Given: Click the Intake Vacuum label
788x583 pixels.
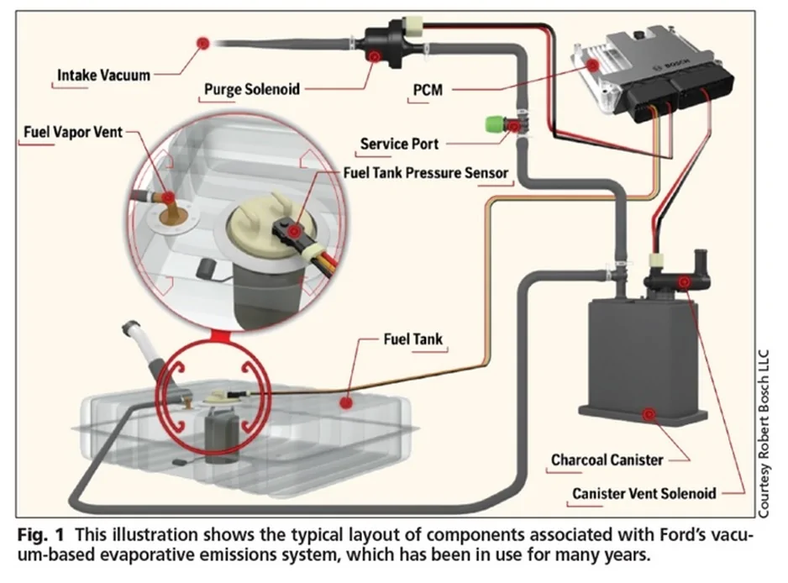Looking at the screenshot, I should [103, 76].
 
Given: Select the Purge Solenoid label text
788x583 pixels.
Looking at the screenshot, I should [252, 89].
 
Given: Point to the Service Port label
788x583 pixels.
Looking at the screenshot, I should [399, 144].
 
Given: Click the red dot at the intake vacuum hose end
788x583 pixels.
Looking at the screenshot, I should [202, 42].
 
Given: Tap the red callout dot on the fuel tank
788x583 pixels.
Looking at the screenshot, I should [344, 403].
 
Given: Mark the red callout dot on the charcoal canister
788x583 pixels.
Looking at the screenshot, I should [648, 413].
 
